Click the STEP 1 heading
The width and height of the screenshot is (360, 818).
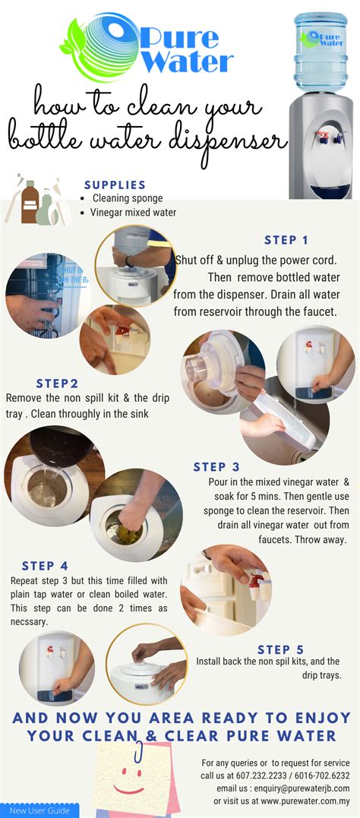286,240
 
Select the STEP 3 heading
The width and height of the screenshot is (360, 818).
216,467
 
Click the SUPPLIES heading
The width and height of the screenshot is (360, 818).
115,185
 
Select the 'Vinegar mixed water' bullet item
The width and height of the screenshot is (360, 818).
134,213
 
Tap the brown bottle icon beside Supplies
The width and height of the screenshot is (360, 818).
29,203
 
